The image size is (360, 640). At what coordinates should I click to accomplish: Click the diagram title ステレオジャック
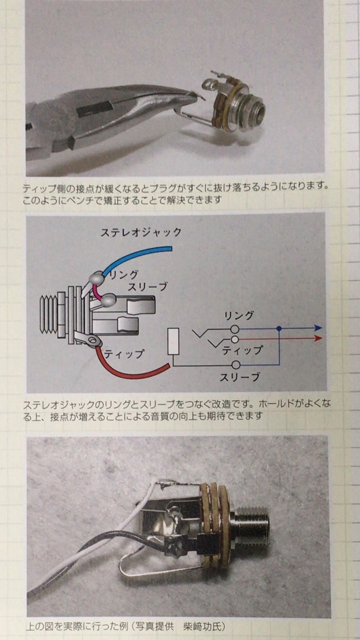point(141,232)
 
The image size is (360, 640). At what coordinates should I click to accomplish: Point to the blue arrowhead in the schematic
point(318,328)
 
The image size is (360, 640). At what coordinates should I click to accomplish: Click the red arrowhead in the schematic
point(318,338)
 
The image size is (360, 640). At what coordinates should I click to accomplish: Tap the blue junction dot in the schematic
point(279,328)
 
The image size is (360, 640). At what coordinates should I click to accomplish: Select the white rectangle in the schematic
point(173,342)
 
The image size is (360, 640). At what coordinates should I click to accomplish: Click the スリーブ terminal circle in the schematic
point(236,365)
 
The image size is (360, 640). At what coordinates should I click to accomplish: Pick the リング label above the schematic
point(239,316)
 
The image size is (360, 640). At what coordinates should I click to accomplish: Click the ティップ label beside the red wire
point(124,354)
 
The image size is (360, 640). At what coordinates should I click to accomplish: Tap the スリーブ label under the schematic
point(240,377)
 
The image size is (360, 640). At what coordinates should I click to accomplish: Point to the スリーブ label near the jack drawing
point(147,286)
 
